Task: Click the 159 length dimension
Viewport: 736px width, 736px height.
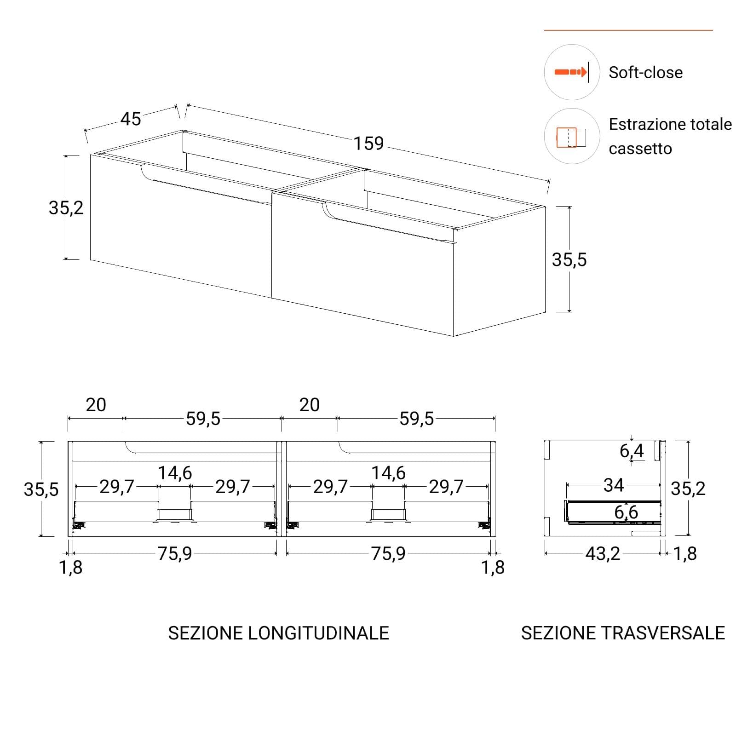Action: [x=368, y=144]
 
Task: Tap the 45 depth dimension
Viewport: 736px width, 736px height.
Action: [x=131, y=119]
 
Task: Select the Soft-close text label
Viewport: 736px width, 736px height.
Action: [x=645, y=72]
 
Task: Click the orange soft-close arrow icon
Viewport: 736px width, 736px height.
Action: [x=571, y=72]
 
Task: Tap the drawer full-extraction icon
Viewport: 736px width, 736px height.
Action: [x=571, y=137]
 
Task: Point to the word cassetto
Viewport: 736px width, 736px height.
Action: [x=640, y=149]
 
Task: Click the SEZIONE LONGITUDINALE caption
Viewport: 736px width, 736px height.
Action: [x=278, y=633]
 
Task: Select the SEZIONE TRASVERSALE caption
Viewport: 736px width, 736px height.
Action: [x=623, y=633]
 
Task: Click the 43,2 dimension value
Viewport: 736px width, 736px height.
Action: [x=603, y=554]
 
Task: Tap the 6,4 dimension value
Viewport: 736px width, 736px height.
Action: [x=632, y=451]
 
